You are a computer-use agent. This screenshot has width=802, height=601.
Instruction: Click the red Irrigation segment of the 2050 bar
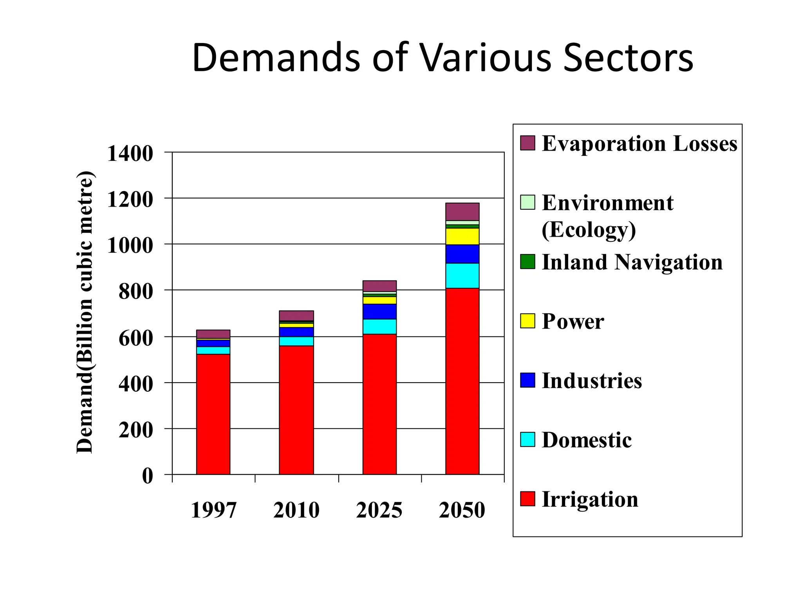click(462, 381)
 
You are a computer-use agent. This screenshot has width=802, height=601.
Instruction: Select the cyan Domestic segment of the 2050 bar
click(462, 276)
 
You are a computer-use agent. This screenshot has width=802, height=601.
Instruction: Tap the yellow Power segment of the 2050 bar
click(462, 236)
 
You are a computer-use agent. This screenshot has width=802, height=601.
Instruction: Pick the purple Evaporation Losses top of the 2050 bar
click(462, 212)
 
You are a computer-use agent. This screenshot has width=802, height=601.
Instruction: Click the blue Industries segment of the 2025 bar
click(379, 311)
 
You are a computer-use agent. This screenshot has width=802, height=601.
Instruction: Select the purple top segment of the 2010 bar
click(296, 315)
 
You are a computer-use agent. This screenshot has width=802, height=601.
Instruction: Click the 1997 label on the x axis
click(213, 510)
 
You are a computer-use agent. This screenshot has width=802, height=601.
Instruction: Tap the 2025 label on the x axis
click(379, 510)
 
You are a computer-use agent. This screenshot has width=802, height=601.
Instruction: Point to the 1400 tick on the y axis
click(130, 153)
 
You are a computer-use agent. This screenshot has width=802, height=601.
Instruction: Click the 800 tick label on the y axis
click(135, 292)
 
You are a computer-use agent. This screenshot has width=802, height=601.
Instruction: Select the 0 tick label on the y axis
click(147, 476)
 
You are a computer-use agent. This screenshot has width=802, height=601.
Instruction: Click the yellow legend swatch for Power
click(527, 321)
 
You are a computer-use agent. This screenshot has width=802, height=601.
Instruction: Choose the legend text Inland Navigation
click(632, 262)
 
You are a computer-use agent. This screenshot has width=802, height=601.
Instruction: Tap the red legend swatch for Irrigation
click(527, 499)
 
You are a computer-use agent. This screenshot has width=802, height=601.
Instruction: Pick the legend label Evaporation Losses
click(639, 144)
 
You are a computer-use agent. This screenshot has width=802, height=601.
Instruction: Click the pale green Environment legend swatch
click(527, 202)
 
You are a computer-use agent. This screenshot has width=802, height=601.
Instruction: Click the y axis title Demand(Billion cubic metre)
click(85, 312)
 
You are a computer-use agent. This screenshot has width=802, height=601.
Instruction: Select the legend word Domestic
click(586, 440)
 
